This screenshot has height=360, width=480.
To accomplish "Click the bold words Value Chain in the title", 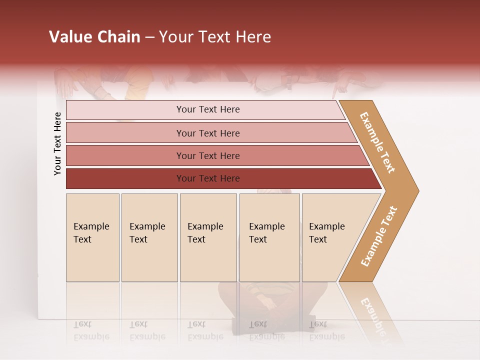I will (94, 37).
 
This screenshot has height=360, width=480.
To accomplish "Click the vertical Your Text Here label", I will (57, 143).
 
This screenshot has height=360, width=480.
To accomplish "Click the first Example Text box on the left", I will (92, 237).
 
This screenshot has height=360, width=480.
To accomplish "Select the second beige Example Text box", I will (149, 237).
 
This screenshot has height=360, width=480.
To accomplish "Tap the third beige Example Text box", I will (208, 237).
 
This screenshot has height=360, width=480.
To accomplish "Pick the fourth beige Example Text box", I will (269, 237).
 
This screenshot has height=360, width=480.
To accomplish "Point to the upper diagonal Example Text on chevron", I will (377, 142).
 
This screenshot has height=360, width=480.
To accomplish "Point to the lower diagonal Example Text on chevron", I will (378, 236).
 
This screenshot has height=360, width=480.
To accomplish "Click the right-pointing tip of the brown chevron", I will (415, 190).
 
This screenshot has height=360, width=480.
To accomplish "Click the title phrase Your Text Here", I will (215, 37).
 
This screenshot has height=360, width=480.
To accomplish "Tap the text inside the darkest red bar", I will (208, 178).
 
